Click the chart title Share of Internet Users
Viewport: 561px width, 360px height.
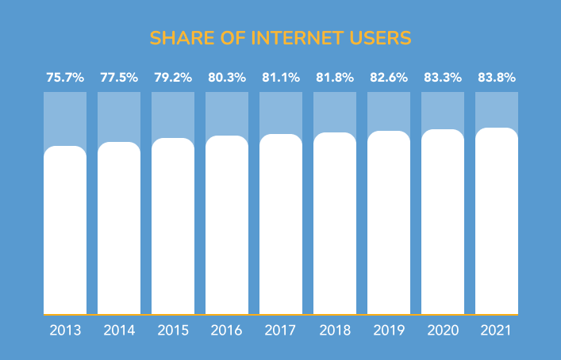coord(280,38)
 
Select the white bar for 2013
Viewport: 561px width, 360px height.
coord(65,230)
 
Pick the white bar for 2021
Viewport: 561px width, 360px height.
coord(497,221)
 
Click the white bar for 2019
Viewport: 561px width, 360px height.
coord(389,223)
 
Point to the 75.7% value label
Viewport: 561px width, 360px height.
coord(65,78)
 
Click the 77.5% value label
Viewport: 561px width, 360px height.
coord(119,78)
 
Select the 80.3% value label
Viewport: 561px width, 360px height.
coord(227,78)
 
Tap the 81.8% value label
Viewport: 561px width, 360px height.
coord(335,78)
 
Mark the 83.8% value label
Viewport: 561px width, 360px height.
coord(497,78)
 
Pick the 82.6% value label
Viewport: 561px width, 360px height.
coord(389,78)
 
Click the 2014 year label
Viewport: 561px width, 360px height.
coord(119,330)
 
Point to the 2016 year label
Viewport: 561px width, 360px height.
coord(227,330)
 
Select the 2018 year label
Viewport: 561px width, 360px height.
coord(335,330)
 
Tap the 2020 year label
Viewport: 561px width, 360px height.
coord(443,330)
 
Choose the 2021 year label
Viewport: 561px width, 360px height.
coord(497,330)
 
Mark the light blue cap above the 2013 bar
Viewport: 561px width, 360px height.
coord(65,118)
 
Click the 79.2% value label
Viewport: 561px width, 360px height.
coord(173,78)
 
